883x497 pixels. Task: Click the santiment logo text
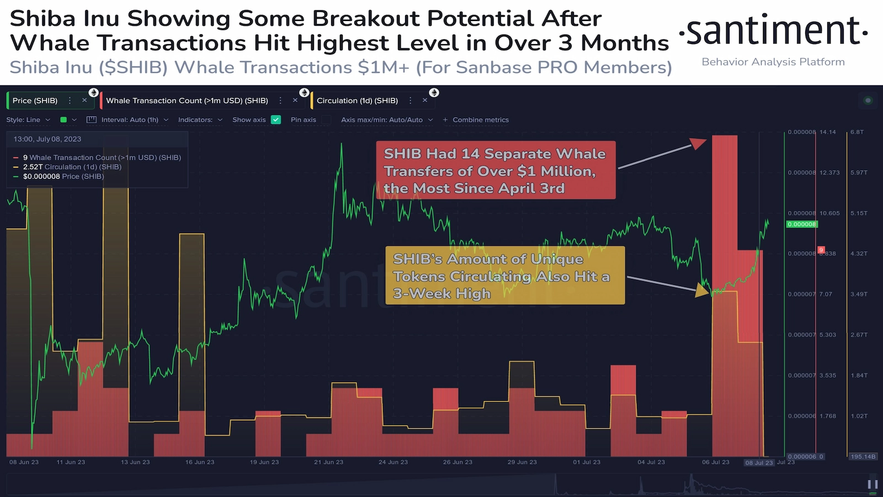(773, 31)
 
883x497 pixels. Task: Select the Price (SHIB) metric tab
(35, 101)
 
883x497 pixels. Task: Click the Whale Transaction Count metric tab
(187, 101)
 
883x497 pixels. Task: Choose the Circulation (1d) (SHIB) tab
(357, 101)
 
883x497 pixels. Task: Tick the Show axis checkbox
(276, 120)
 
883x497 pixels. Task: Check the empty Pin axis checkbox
(326, 120)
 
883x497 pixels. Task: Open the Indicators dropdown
(200, 120)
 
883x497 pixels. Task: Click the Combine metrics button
(476, 120)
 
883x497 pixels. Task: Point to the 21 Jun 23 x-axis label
(328, 462)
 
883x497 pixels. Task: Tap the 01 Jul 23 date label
(587, 462)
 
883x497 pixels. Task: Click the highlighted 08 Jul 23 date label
(759, 463)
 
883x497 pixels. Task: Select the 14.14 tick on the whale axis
(827, 132)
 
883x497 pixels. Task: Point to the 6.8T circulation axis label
(857, 132)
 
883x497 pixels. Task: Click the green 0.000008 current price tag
(802, 224)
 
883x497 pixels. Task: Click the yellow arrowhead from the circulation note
(703, 290)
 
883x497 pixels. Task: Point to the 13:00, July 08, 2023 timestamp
(47, 139)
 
